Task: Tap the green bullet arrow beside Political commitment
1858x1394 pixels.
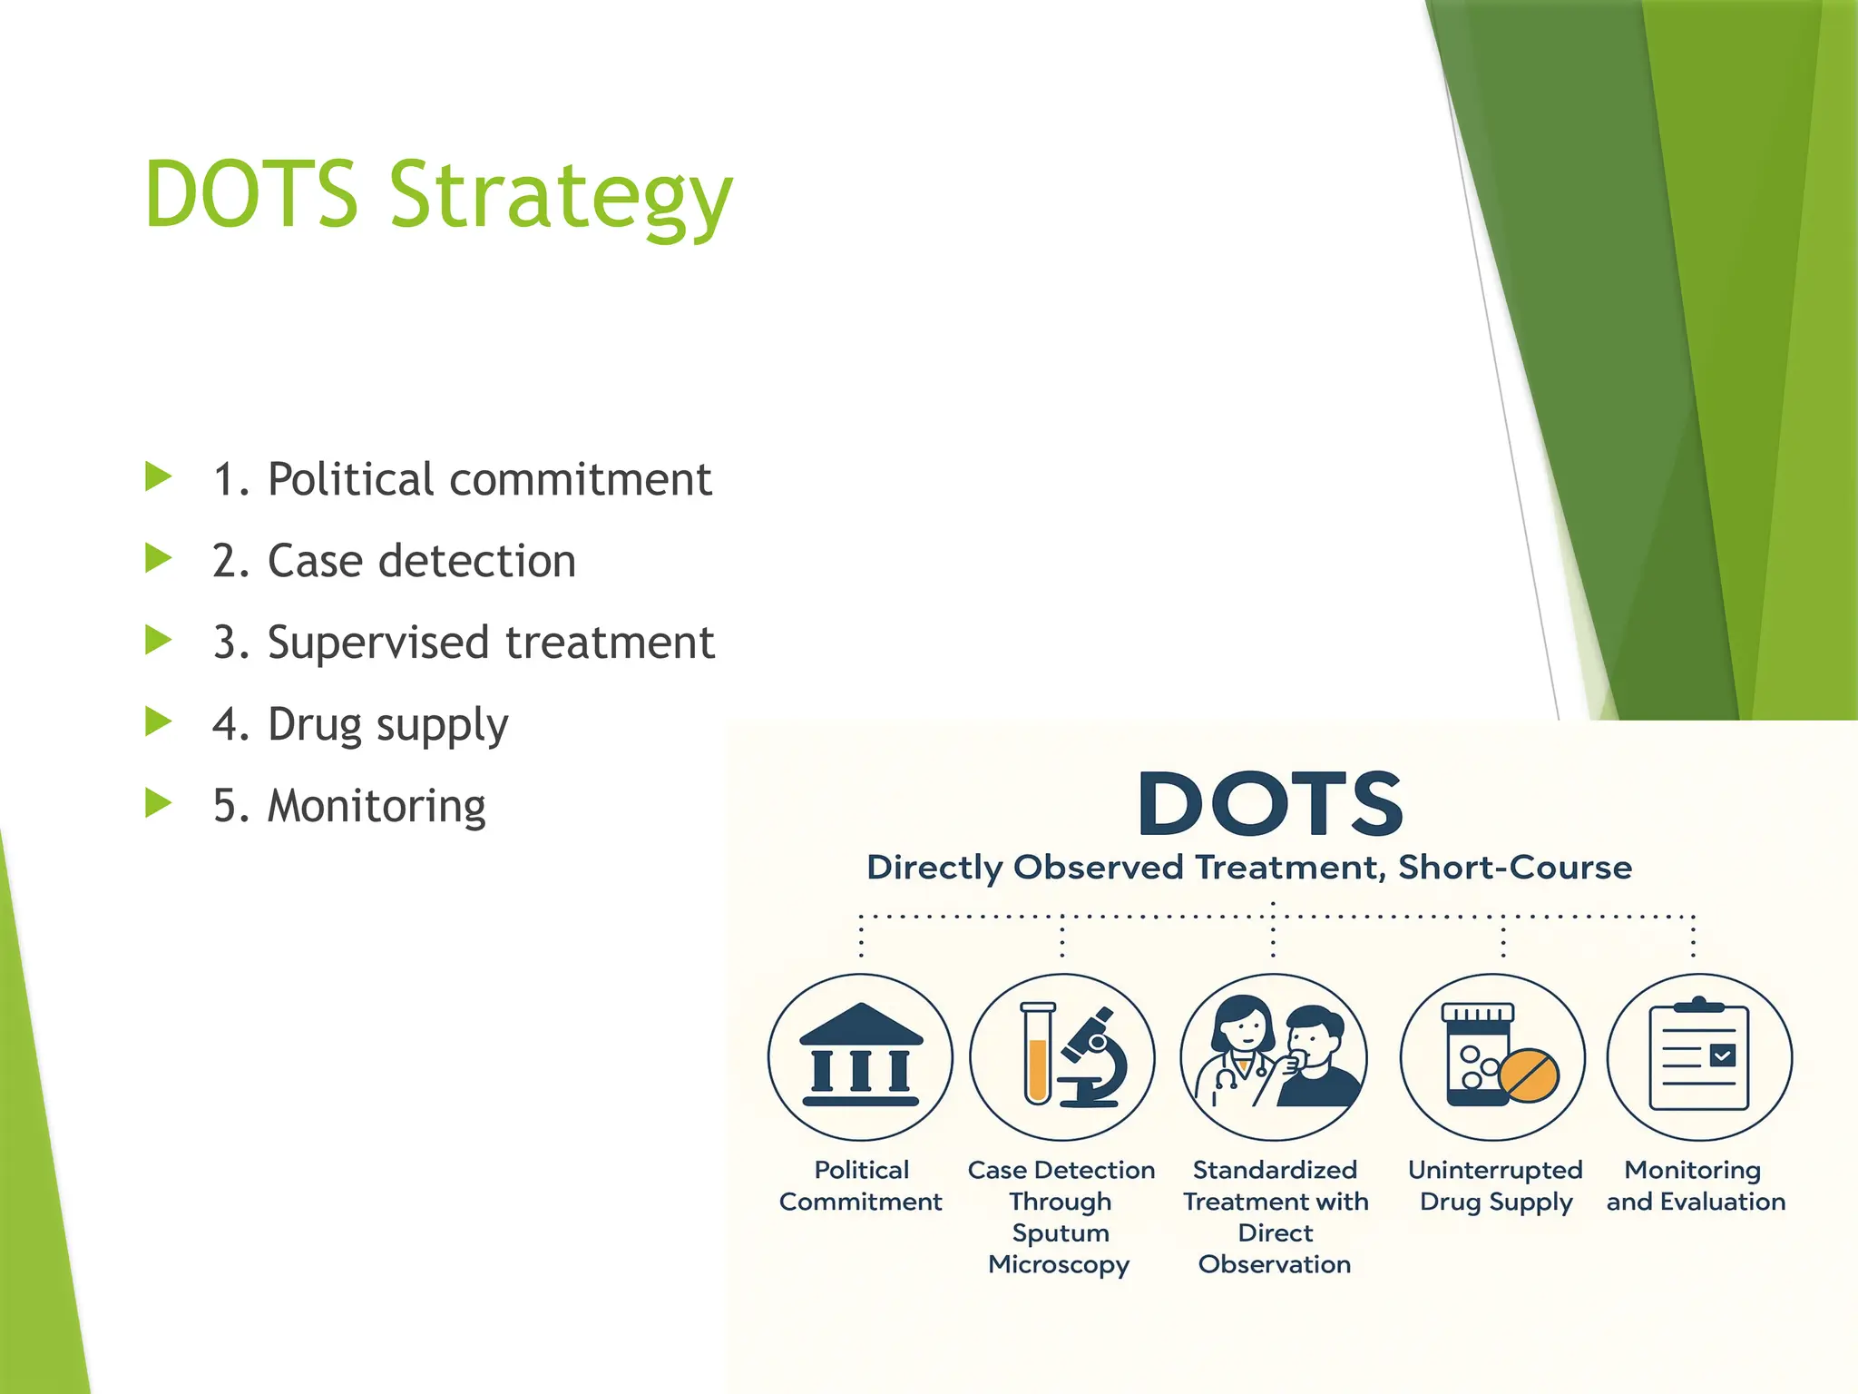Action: tap(159, 477)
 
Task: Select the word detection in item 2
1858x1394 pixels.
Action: tap(477, 561)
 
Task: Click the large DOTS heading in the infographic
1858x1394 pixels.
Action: tap(1270, 804)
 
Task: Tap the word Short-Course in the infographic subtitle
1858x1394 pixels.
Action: tap(1514, 868)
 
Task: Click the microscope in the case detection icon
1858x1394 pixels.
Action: tap(1093, 1057)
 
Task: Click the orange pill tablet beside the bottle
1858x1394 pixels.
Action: tap(1529, 1076)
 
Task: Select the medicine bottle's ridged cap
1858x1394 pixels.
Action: tap(1477, 1013)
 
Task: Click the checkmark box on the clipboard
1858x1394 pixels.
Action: tap(1722, 1055)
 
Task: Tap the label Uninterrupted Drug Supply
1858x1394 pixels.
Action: tap(1495, 1185)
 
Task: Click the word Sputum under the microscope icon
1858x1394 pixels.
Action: tap(1061, 1232)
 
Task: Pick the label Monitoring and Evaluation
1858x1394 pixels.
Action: tap(1695, 1185)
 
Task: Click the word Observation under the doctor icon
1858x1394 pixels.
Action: tap(1275, 1264)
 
